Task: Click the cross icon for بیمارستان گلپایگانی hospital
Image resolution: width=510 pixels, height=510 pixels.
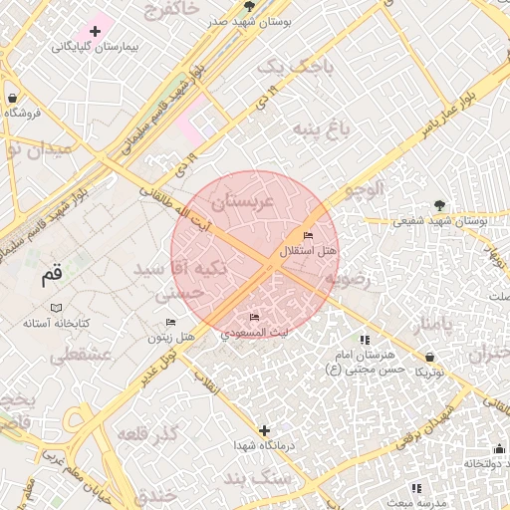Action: click(95, 32)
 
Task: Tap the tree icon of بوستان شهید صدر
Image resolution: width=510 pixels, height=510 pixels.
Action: click(249, 6)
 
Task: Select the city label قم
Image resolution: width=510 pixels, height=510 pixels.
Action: click(51, 276)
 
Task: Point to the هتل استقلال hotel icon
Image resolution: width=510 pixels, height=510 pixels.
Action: click(307, 235)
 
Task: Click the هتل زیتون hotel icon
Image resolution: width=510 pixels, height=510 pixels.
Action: click(170, 323)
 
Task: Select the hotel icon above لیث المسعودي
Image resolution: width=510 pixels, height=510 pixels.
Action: click(254, 317)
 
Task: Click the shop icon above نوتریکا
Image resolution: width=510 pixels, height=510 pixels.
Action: click(429, 356)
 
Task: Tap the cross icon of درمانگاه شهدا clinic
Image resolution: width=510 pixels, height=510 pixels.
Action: click(264, 431)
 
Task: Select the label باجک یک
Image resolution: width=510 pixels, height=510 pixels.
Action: click(290, 67)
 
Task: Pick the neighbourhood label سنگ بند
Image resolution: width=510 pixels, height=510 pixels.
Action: click(284, 478)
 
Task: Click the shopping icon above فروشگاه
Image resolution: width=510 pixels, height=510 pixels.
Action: click(12, 98)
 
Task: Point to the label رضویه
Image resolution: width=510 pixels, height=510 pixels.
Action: click(348, 280)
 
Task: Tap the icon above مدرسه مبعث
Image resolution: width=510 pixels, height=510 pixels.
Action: click(416, 488)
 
